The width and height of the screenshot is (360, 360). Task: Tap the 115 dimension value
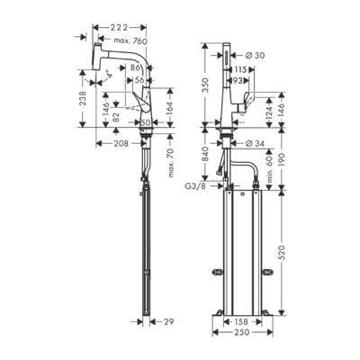[242, 70]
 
